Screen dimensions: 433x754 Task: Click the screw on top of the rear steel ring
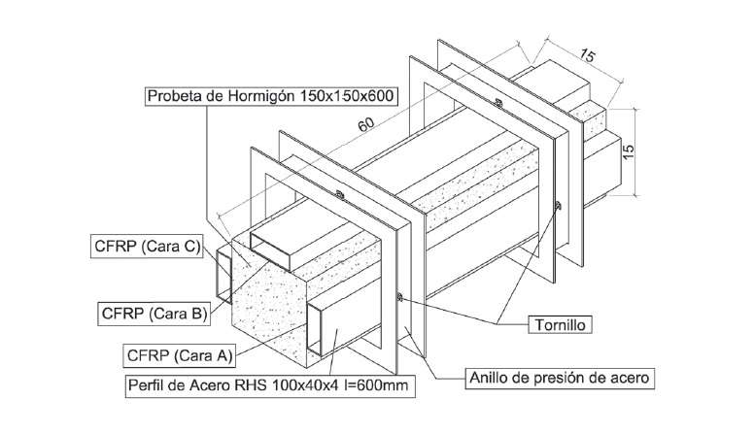click(497, 102)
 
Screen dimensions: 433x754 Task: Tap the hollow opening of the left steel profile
click(223, 276)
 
